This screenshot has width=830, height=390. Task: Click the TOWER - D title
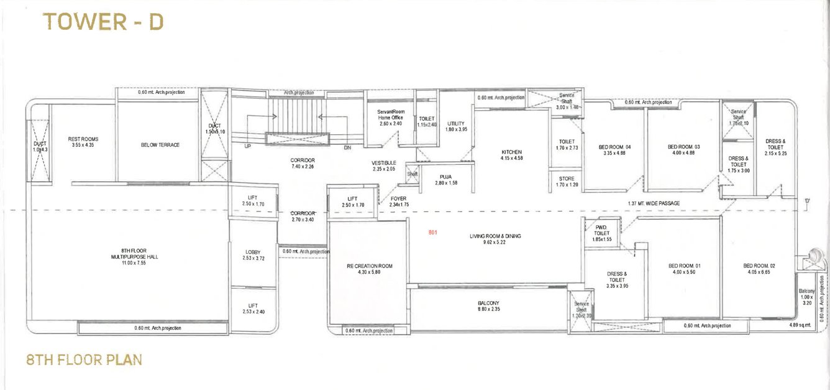[x=103, y=21]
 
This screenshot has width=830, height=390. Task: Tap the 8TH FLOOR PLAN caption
[x=84, y=360]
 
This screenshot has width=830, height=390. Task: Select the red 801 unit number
[x=432, y=233]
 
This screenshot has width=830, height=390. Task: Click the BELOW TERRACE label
[x=160, y=145]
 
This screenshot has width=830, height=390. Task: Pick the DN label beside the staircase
[x=347, y=148]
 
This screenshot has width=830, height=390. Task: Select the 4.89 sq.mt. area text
[x=800, y=325]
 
